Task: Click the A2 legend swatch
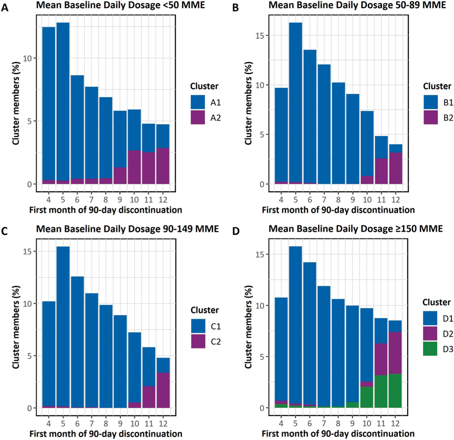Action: [197, 117]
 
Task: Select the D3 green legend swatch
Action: [430, 349]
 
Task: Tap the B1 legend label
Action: [448, 103]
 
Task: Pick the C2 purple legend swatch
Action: [198, 341]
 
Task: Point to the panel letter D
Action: [236, 231]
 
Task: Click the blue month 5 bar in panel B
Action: [295, 101]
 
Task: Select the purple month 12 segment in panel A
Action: [163, 166]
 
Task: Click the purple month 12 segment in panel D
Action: [395, 353]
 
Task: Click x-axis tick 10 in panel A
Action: [134, 200]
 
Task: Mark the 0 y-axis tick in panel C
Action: [29, 408]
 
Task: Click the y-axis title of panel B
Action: [248, 103]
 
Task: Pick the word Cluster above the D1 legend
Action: [436, 302]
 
